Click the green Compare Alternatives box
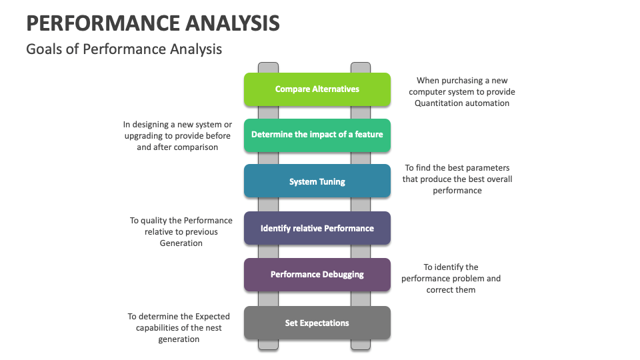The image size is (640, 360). [x=317, y=89]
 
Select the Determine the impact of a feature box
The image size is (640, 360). [x=317, y=135]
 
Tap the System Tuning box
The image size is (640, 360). [x=317, y=181]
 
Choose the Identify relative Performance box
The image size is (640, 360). [x=317, y=228]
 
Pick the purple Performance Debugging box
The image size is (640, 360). [x=317, y=275]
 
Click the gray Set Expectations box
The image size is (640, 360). [x=317, y=323]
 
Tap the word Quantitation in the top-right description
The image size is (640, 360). [x=441, y=103]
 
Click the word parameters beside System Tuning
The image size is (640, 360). [x=487, y=168]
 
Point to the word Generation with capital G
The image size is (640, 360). [x=181, y=243]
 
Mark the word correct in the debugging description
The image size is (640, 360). [x=440, y=290]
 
